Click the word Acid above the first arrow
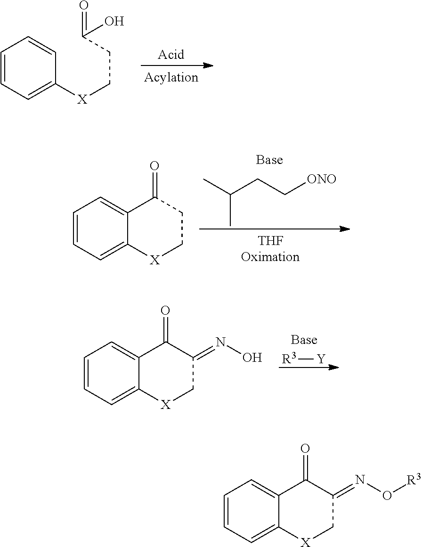[x=170, y=55]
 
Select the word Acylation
[x=170, y=77]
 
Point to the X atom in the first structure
[x=82, y=99]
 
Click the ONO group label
[x=321, y=179]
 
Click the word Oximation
[x=270, y=257]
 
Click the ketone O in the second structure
[x=154, y=166]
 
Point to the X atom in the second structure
[x=154, y=260]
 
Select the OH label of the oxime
[x=252, y=358]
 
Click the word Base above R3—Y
[x=304, y=340]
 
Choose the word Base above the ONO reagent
[x=269, y=160]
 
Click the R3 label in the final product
[x=413, y=481]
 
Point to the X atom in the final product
[x=306, y=543]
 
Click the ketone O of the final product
[x=305, y=448]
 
